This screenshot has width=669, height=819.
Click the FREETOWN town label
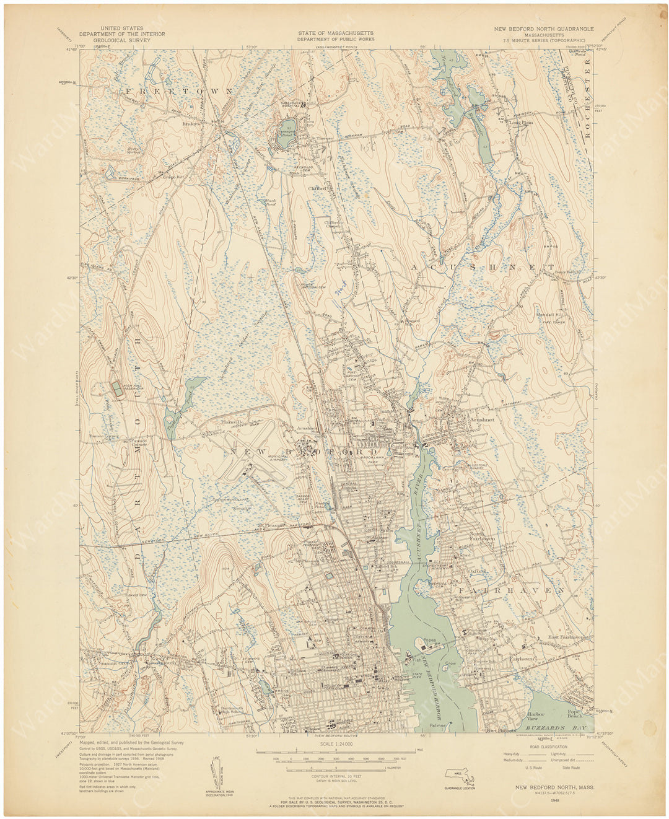(x=180, y=91)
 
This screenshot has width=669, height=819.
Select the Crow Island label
(x=450, y=664)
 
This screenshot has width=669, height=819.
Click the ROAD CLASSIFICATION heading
(x=545, y=748)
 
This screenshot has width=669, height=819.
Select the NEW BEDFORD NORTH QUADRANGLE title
(x=543, y=28)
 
